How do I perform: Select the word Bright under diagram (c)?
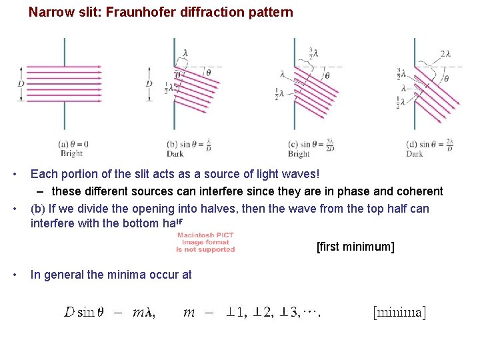(299, 154)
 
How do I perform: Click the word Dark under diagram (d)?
(414, 154)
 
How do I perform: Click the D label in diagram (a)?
(22, 83)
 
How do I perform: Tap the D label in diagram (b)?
(149, 83)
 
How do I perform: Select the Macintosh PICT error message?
(205, 242)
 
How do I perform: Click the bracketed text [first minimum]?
(355, 247)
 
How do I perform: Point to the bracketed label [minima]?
(399, 311)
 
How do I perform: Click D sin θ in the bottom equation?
(83, 312)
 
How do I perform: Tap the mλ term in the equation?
(144, 312)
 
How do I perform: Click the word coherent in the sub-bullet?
(419, 191)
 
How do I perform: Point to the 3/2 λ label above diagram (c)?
(313, 52)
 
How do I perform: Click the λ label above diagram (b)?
(185, 53)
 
